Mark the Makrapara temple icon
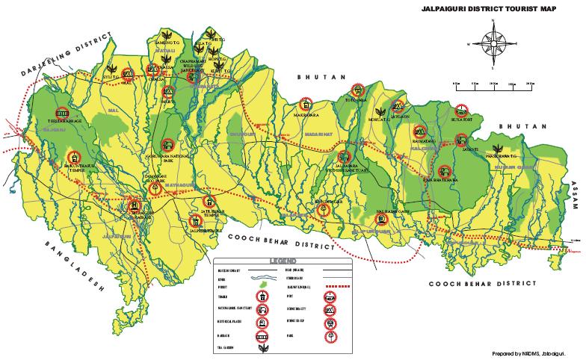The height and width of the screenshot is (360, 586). point(305,104)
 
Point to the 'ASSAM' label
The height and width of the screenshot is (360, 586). point(576,199)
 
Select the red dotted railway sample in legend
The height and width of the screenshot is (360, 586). point(339,286)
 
